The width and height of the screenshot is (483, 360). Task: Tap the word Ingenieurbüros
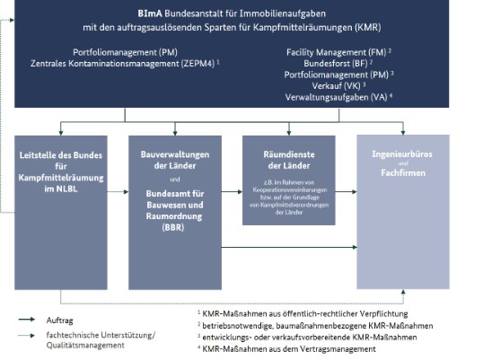click(403, 154)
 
